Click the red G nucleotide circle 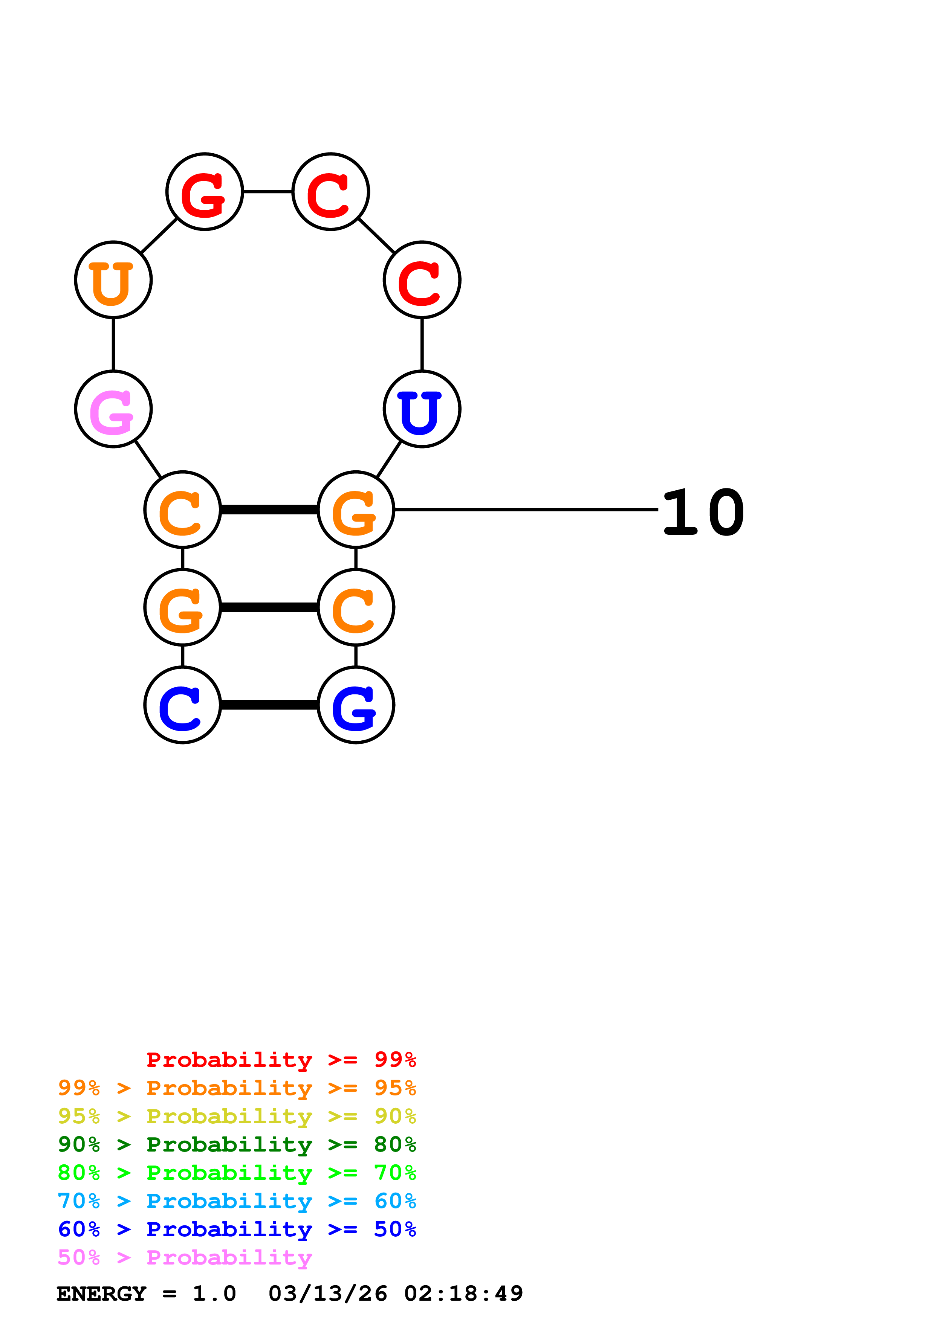tap(204, 192)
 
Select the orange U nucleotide tap(113, 280)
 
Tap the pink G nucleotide tap(113, 409)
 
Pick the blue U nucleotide tap(422, 409)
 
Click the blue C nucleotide tap(182, 705)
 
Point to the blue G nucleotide tap(356, 705)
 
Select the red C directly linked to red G tap(331, 192)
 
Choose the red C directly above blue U tap(422, 280)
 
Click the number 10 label tap(703, 512)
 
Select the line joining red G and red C tap(268, 192)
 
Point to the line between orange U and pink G tap(113, 344)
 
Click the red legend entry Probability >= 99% tap(281, 1059)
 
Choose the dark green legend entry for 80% tap(237, 1144)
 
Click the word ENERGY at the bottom tap(101, 1294)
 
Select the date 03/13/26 tap(328, 1294)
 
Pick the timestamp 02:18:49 tap(464, 1294)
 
